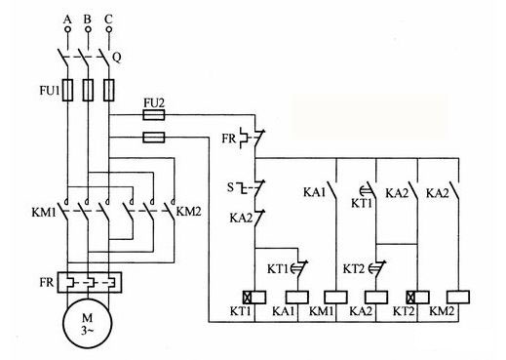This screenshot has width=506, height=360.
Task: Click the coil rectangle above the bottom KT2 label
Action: [x=416, y=296]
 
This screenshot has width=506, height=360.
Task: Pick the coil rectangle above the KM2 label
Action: [x=457, y=296]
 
